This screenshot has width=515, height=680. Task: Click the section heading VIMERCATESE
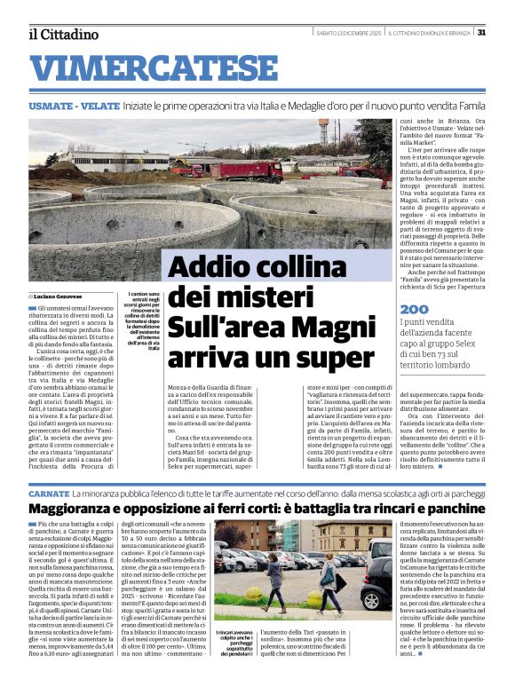pyautogui.click(x=160, y=67)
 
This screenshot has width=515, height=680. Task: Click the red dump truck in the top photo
pyautogui.click(x=244, y=170)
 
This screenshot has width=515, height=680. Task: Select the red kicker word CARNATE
pyautogui.click(x=49, y=492)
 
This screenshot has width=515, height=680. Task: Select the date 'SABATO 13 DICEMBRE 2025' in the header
pyautogui.click(x=350, y=33)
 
